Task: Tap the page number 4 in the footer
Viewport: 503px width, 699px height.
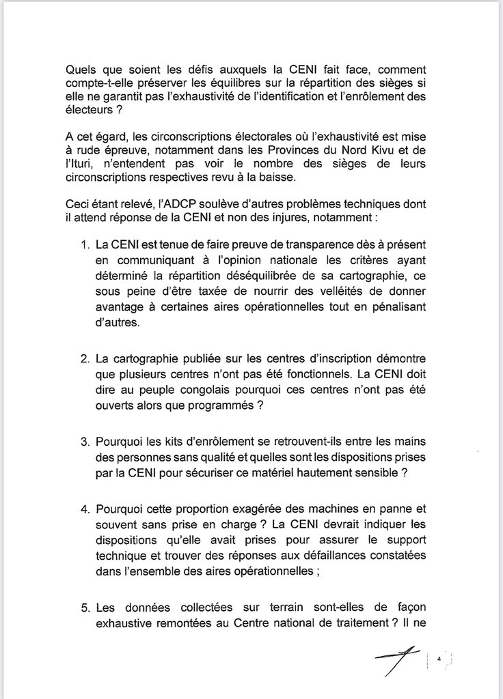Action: coord(439,659)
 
